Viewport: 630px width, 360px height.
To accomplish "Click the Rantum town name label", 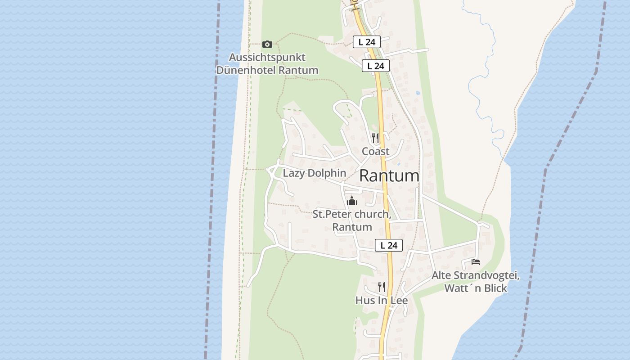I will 389,176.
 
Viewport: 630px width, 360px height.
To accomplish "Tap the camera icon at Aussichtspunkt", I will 267,44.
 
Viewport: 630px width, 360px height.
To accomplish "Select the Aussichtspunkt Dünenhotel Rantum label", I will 267,64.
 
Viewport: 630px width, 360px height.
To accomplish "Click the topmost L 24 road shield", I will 367,42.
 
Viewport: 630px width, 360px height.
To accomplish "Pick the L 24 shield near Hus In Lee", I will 389,245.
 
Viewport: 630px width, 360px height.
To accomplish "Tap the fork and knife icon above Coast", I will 375,138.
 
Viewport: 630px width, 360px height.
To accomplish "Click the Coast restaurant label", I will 375,151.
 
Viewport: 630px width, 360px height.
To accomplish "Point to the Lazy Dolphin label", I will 314,173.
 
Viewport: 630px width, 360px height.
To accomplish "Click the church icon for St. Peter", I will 352,201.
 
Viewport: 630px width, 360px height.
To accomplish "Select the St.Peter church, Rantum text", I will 352,220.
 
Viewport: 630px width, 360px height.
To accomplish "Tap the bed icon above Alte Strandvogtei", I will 476,261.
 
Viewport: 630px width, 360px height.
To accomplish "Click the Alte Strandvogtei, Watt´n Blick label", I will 476,282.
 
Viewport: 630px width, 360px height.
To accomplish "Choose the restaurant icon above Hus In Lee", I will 382,287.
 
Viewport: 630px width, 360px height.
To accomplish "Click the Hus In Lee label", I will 382,300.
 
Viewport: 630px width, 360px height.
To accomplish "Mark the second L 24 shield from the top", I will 375,66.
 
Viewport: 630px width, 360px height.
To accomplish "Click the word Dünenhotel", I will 246,70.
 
